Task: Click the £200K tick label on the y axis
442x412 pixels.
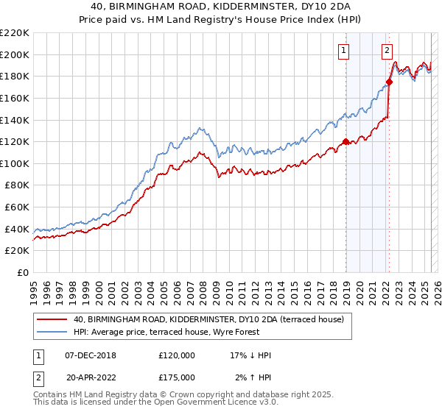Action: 14,54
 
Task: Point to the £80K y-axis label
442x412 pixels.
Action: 16,185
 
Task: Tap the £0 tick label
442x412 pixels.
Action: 22,273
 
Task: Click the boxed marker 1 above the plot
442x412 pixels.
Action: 344,51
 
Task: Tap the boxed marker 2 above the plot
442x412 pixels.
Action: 387,51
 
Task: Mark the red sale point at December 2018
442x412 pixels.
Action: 345,142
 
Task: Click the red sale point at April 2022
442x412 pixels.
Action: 389,82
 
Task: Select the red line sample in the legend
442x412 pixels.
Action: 51,319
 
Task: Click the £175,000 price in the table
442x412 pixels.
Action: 177,377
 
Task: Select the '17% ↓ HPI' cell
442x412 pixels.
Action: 250,355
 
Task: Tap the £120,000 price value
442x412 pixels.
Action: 177,355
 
